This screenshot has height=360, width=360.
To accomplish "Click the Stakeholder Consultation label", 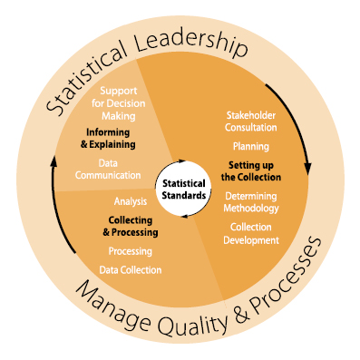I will (x=249, y=122).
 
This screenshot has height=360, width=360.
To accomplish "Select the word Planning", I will (x=249, y=145).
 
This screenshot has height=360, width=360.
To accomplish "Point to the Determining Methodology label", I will (x=249, y=202).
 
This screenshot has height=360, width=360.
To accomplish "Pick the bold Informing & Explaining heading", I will (x=108, y=138).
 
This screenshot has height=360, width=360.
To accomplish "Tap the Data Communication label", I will (x=108, y=170).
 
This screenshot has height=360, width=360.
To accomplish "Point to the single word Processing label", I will (x=130, y=251).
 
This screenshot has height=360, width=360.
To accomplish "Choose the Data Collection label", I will (x=131, y=269).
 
